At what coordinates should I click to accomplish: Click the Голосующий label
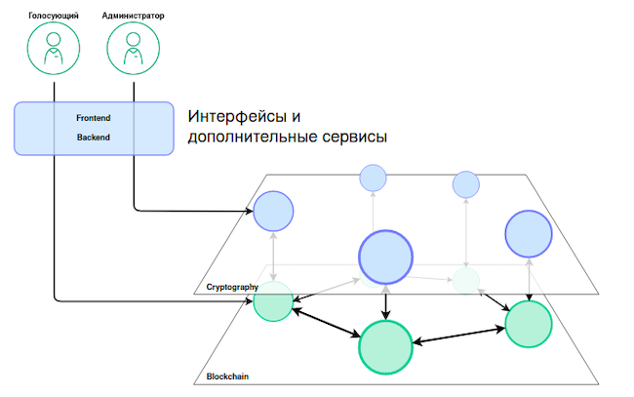tap(54, 16)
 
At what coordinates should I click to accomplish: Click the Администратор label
tap(133, 16)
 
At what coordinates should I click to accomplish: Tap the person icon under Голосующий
tap(54, 49)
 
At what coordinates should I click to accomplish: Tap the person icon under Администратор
tap(133, 49)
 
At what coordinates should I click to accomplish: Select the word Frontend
tap(94, 118)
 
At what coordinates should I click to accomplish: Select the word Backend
tap(94, 138)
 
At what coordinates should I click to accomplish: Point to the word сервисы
tap(355, 137)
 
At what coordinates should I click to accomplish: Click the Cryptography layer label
tap(232, 287)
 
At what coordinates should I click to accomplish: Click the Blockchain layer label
tap(227, 377)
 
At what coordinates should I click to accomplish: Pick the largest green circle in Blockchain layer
tap(385, 347)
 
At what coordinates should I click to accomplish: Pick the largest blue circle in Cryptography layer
tap(385, 258)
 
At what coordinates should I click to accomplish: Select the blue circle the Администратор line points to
tap(273, 211)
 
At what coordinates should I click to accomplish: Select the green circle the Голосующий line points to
tap(273, 301)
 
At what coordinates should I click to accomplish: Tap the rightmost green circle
tap(529, 324)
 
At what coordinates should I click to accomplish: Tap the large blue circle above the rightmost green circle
tap(529, 234)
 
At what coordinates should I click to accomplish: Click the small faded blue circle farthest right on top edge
tap(466, 184)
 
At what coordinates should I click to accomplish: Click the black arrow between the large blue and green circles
tap(385, 302)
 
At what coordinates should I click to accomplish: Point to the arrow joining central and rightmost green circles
tap(459, 336)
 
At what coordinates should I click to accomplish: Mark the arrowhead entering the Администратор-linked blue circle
tap(249, 211)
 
